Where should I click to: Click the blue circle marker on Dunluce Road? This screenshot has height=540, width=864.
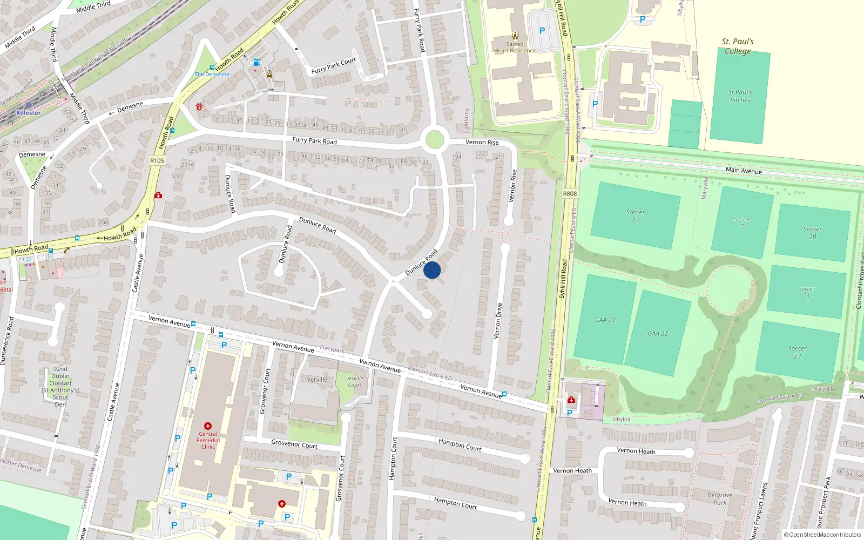click(x=432, y=270)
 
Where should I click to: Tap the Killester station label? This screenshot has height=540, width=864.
click(x=28, y=113)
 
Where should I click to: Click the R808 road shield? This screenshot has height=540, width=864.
click(x=570, y=193)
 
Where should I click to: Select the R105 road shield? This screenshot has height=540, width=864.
click(x=157, y=160)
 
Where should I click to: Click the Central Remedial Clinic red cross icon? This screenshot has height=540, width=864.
click(x=208, y=426)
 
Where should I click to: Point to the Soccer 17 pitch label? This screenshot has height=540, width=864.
click(x=636, y=216)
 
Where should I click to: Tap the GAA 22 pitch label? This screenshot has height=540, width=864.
click(x=658, y=334)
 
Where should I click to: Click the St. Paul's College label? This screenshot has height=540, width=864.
click(x=738, y=46)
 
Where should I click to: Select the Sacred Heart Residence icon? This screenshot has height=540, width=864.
click(x=515, y=36)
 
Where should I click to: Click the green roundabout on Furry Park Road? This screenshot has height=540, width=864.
click(x=435, y=140)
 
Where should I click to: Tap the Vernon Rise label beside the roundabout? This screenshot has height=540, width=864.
click(x=482, y=143)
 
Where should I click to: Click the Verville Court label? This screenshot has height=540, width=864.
click(x=354, y=381)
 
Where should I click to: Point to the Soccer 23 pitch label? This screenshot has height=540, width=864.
click(x=797, y=352)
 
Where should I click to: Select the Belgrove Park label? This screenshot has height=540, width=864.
click(x=720, y=498)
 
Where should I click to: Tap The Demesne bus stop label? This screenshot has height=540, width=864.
click(x=212, y=75)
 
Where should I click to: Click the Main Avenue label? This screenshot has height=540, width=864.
click(x=744, y=170)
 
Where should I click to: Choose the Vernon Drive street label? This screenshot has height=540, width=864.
click(x=498, y=321)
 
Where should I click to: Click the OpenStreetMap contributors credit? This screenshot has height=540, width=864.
click(x=822, y=535)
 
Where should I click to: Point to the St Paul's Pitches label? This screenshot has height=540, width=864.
click(x=740, y=96)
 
